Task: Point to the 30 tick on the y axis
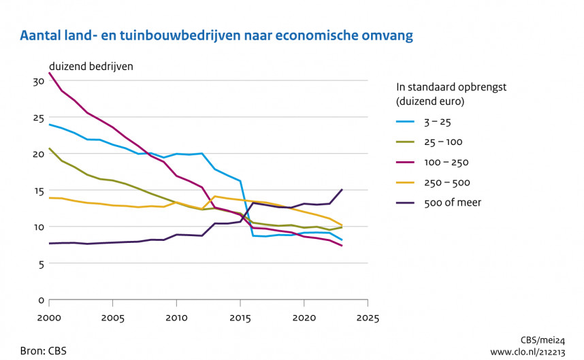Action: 38,81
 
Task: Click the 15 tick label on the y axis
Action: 38,190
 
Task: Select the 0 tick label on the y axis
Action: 41,300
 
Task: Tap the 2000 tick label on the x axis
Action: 49,318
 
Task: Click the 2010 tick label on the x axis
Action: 177,318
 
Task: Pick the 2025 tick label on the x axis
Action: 368,318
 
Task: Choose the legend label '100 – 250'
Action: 447,163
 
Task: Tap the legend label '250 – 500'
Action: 447,182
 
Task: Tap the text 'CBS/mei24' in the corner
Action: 545,340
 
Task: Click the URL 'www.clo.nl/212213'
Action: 529,352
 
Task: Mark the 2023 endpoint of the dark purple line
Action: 342,190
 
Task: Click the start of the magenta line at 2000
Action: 49,73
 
